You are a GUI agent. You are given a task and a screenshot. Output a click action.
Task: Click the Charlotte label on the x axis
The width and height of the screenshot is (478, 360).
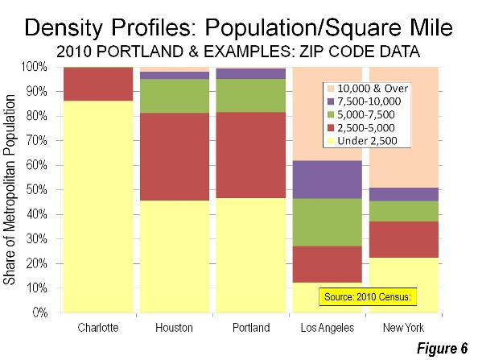click(x=98, y=328)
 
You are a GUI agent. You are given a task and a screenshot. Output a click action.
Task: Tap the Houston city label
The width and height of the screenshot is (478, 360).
click(x=174, y=328)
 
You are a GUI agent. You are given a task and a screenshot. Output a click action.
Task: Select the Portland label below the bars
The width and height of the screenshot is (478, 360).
click(x=251, y=328)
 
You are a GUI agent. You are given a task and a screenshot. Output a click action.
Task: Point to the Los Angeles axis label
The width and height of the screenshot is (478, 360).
click(x=328, y=328)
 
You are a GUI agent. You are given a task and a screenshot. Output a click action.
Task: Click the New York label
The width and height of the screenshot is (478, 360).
click(x=403, y=328)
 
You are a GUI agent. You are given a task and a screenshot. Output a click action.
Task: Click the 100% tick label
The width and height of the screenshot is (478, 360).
click(x=34, y=67)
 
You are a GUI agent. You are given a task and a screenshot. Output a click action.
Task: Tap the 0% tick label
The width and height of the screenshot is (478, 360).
click(x=40, y=312)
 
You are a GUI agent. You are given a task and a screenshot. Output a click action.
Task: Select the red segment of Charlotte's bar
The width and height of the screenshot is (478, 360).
click(x=98, y=84)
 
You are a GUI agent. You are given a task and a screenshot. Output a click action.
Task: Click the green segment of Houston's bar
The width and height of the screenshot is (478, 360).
click(x=175, y=96)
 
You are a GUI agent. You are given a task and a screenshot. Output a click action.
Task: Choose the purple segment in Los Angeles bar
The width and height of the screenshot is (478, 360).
click(x=328, y=180)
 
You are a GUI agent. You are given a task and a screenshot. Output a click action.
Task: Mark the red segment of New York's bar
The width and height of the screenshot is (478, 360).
click(x=404, y=240)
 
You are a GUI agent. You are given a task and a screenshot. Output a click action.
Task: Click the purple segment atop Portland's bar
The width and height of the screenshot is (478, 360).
click(x=251, y=74)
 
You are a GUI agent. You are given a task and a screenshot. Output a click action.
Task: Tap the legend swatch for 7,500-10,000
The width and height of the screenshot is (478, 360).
click(x=331, y=101)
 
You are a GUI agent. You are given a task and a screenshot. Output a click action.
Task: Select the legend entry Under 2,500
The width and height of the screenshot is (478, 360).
click(x=363, y=141)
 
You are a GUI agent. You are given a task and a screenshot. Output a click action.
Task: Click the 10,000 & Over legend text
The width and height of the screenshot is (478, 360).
click(x=373, y=89)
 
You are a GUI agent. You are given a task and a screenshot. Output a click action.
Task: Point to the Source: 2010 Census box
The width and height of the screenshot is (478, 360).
click(x=368, y=296)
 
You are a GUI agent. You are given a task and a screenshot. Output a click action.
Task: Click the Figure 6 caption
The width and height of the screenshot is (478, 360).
click(x=442, y=349)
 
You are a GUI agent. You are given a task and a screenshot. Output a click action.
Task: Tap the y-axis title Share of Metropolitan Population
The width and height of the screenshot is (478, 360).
click(x=9, y=190)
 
